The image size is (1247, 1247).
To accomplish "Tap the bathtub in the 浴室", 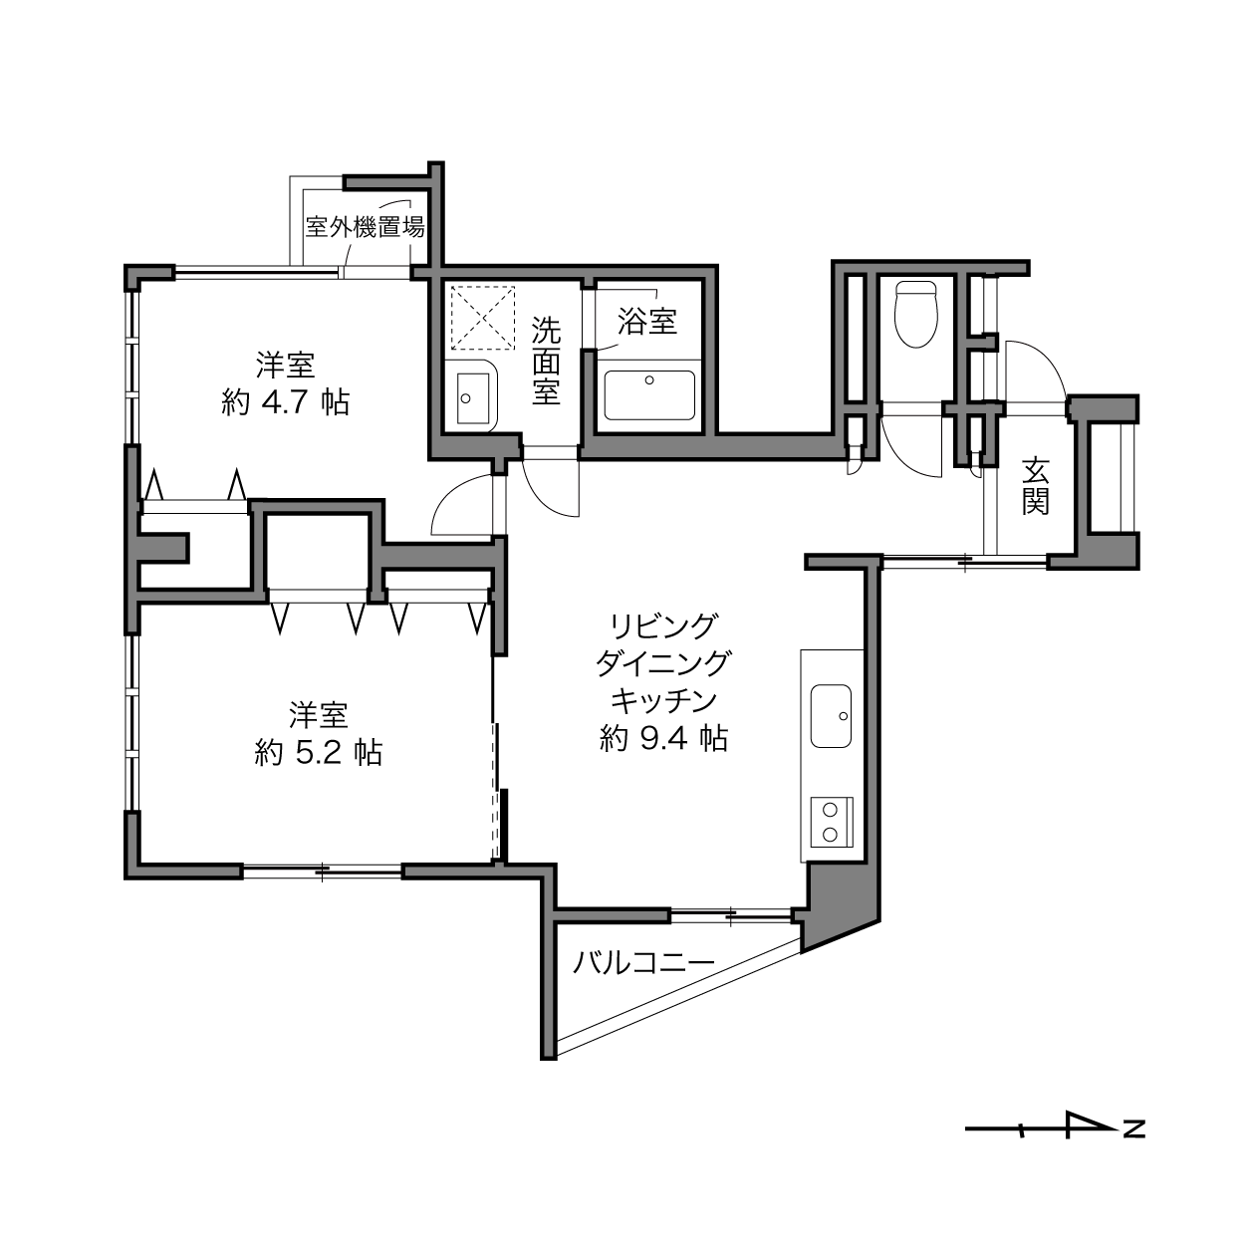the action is (649, 394).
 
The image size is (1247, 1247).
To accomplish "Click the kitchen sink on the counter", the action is (831, 716).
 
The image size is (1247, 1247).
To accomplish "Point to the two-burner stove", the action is (832, 821).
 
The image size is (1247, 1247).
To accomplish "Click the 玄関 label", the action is (1036, 486).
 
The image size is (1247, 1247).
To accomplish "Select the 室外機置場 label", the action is (365, 227).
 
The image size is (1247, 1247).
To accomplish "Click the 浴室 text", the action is (647, 321).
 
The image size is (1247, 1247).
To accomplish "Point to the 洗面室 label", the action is (546, 362).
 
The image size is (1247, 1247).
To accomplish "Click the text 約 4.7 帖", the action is (286, 403).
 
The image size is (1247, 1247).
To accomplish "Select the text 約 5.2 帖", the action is (319, 753).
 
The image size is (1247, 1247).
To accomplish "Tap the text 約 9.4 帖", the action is (664, 738).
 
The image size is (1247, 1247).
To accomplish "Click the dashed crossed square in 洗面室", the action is (483, 317).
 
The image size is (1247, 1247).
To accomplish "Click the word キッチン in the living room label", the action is (664, 701).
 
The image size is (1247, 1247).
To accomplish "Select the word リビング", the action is (664, 625).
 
